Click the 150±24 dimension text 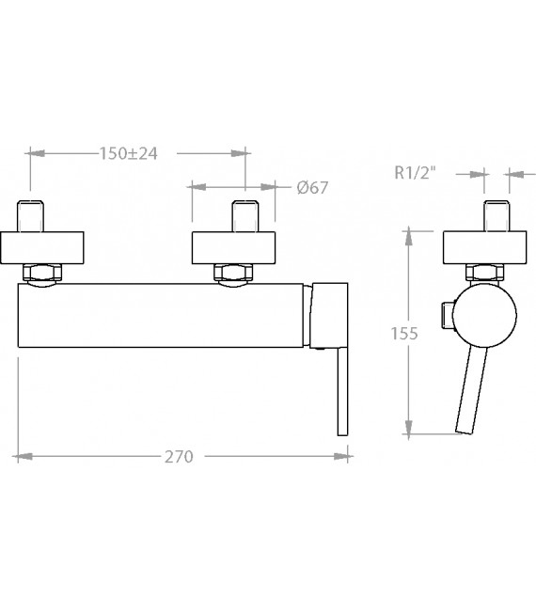click(129, 153)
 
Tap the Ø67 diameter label click(312, 188)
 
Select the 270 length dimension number click(179, 456)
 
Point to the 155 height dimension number click(404, 334)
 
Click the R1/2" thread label click(415, 172)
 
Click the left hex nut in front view click(42, 273)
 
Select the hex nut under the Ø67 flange click(233, 273)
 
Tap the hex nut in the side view click(484, 273)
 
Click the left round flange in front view click(41, 248)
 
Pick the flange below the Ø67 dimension click(233, 248)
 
